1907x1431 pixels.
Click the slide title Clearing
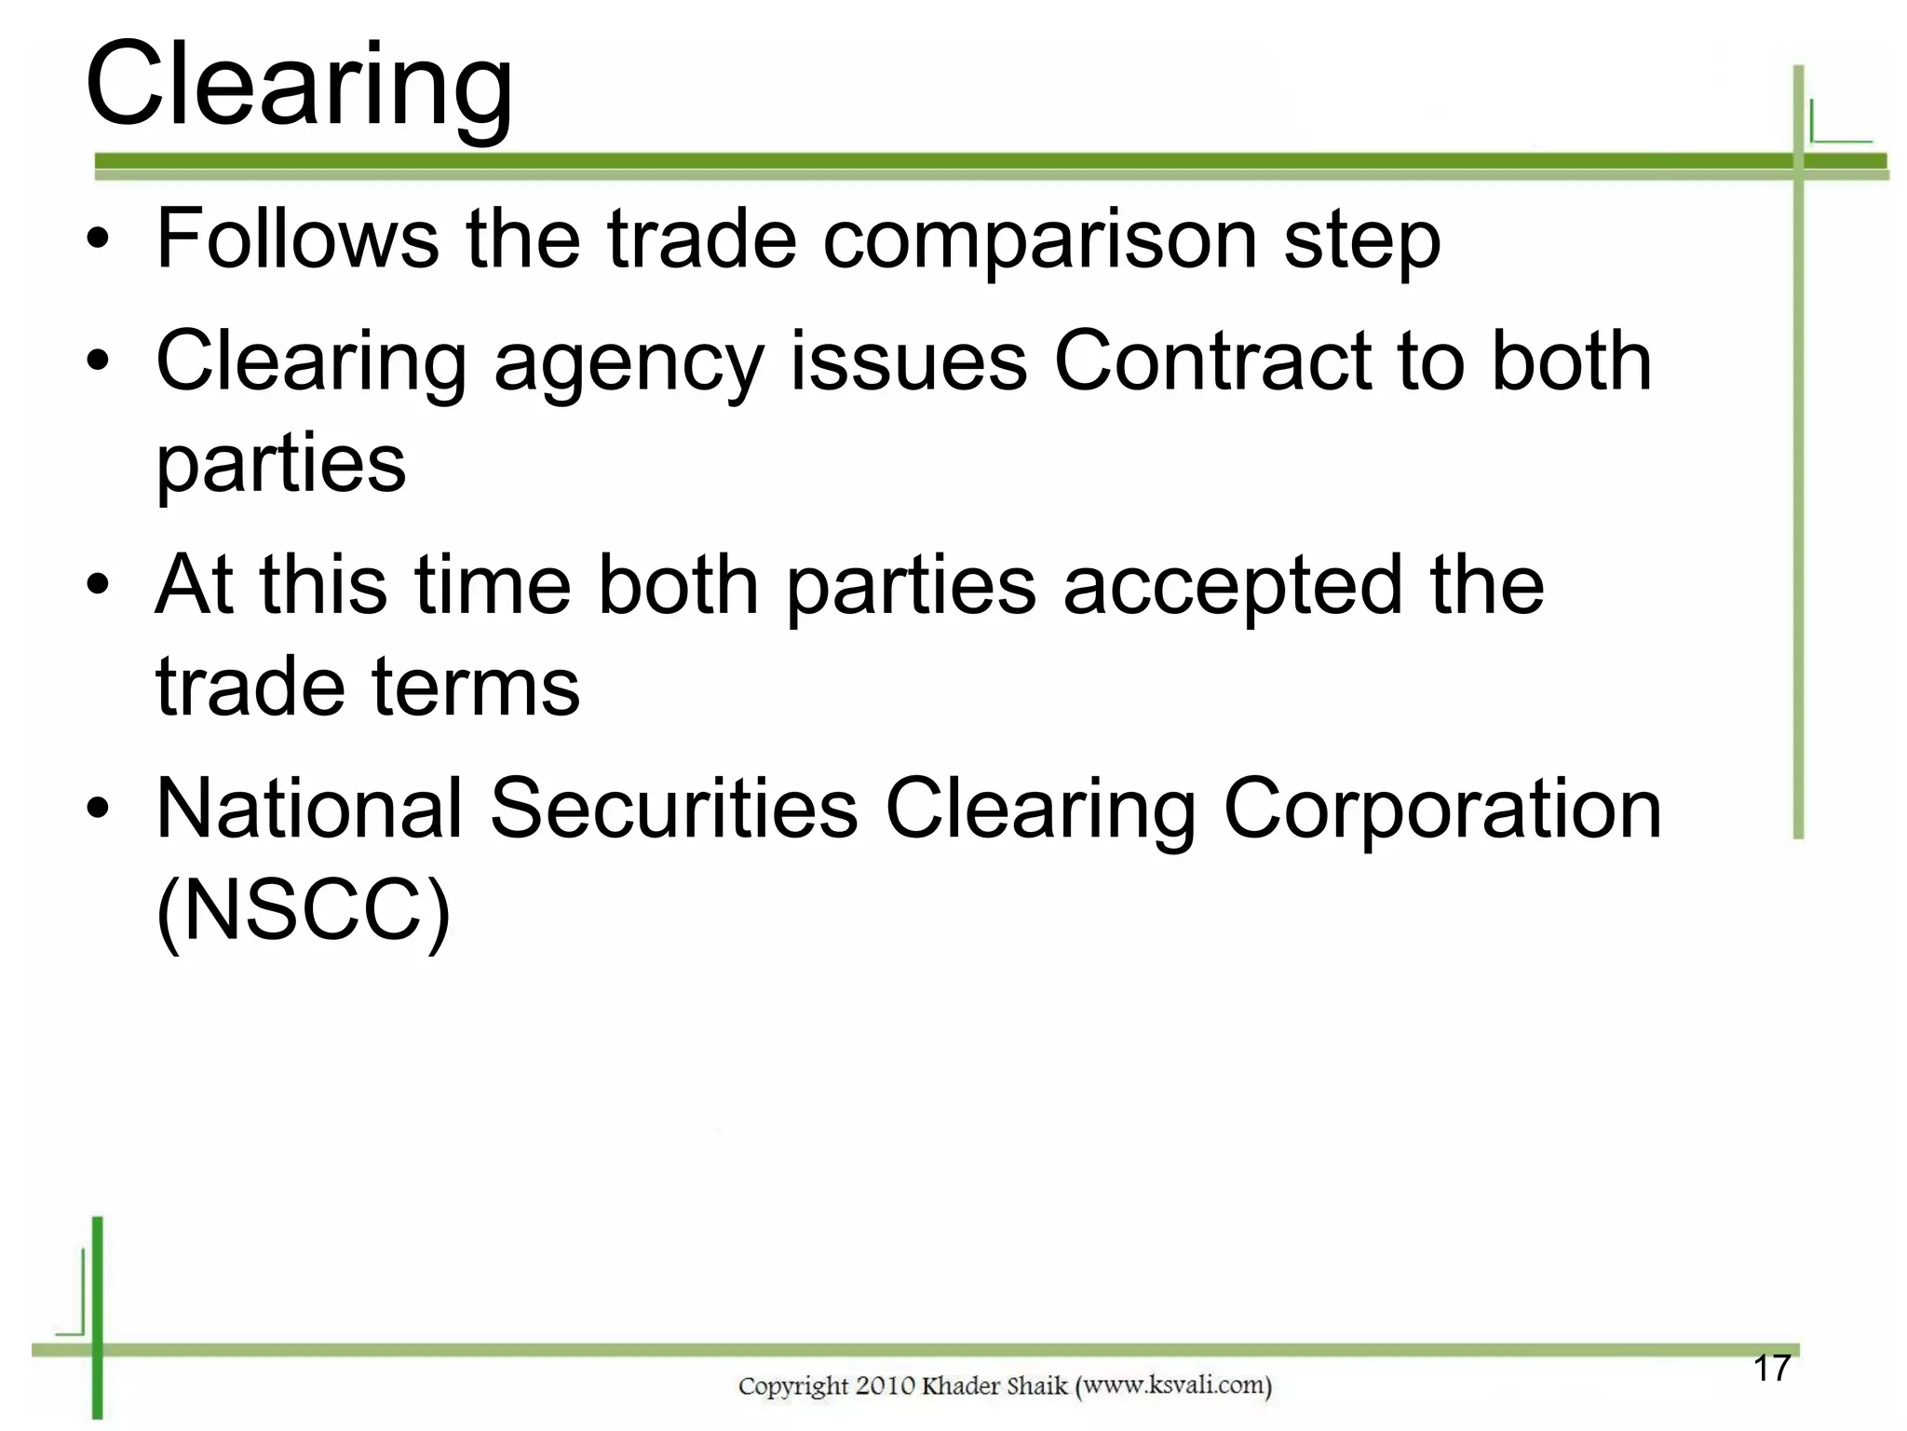[x=298, y=86]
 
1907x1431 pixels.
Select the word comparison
[x=1040, y=240]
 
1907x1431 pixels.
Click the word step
[x=1361, y=240]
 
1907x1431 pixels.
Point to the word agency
[x=629, y=363]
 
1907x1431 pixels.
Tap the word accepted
[x=1233, y=587]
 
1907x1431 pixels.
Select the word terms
[x=476, y=688]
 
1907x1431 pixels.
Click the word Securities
[x=673, y=809]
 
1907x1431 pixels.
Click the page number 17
[x=1772, y=1369]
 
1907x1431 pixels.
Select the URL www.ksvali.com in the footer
[x=1173, y=1386]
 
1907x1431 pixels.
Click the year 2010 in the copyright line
[x=886, y=1386]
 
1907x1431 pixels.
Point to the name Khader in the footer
[x=960, y=1386]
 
